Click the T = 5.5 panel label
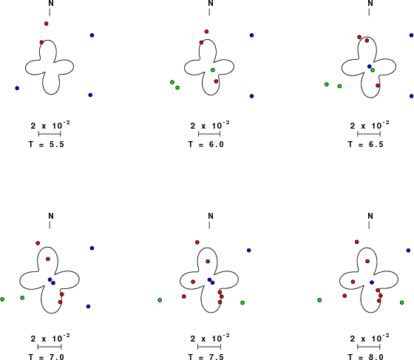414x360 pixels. coord(46,144)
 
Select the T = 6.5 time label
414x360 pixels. coord(366,144)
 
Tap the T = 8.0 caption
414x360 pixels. coord(366,357)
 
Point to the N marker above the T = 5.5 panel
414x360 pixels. coord(51,3)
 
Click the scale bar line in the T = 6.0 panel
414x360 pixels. coord(209,134)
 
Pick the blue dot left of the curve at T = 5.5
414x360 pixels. coord(17,88)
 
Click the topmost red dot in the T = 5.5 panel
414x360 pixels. coord(46,24)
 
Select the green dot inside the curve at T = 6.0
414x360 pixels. coord(213,70)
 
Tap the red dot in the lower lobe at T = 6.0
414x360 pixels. coord(216,81)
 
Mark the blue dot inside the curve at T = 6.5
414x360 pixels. coord(370,67)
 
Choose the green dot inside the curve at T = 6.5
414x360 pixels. coord(373,70)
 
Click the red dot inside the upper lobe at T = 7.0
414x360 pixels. coord(48,259)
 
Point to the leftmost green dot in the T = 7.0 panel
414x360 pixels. coord(2,299)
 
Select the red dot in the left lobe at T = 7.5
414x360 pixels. coord(193,282)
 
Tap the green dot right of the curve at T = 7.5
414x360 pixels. coord(242,303)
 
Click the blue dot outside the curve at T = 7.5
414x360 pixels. coord(248,250)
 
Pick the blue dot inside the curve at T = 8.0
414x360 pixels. coord(372,282)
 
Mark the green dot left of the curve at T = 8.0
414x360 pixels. coord(319,300)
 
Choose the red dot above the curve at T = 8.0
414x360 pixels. coord(356,242)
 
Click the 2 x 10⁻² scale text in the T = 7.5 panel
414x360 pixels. coord(210,339)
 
